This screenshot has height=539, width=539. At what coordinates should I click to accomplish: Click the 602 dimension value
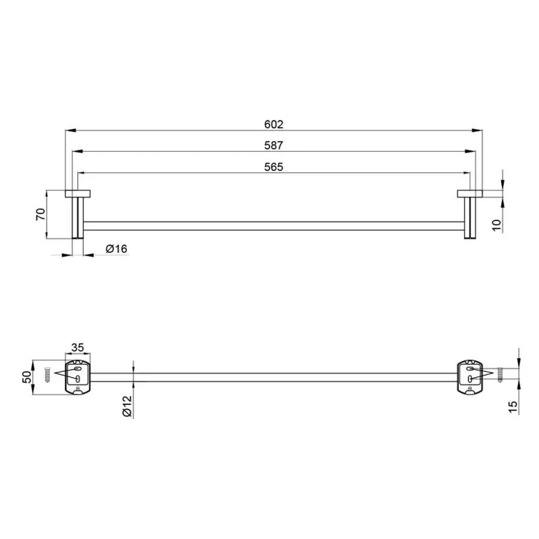(x=274, y=124)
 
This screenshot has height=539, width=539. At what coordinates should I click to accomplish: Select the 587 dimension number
(x=274, y=146)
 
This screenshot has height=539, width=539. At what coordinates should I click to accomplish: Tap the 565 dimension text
(x=274, y=166)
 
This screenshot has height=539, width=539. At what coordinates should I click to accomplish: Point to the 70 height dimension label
(x=41, y=214)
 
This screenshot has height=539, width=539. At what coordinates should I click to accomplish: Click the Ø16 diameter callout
(x=117, y=249)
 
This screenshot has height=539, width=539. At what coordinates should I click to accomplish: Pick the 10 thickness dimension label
(x=497, y=225)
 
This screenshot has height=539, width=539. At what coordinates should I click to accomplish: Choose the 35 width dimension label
(x=77, y=347)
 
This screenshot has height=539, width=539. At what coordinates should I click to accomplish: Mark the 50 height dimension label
(x=27, y=377)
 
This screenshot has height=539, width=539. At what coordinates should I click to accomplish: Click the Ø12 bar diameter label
(x=127, y=406)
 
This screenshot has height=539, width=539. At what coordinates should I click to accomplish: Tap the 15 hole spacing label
(x=512, y=407)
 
